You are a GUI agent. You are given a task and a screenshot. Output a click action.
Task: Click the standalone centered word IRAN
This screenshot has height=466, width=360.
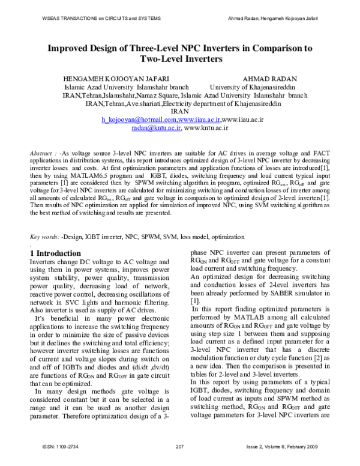click(180, 112)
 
